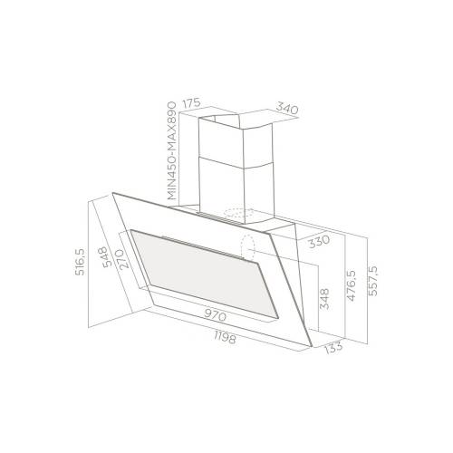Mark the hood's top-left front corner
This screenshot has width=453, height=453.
pyautogui.click(x=114, y=194)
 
